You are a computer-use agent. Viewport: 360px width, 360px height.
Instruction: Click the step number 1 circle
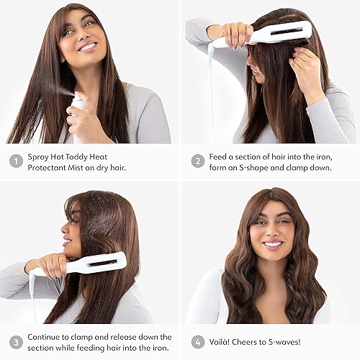click(16, 161)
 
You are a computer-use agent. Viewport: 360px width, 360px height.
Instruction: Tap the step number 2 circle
click(198, 161)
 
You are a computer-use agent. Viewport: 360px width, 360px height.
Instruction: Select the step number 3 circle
click(16, 341)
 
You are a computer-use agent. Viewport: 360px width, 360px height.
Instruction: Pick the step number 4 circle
click(198, 341)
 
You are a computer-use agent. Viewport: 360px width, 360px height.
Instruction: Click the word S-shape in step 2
click(258, 168)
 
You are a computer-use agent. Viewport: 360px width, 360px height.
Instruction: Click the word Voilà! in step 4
click(225, 341)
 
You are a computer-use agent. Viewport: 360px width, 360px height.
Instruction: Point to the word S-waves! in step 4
click(301, 341)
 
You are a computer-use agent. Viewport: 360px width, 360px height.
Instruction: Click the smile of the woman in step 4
click(273, 243)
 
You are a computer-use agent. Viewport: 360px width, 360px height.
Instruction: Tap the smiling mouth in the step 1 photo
click(89, 47)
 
